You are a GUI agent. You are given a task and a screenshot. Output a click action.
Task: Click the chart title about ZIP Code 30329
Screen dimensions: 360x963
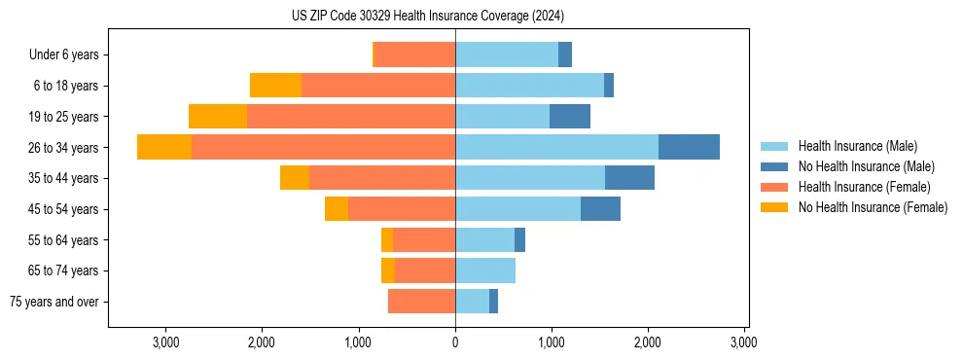coord(427,17)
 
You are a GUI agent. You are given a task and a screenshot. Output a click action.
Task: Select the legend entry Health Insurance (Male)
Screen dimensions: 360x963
coord(857,146)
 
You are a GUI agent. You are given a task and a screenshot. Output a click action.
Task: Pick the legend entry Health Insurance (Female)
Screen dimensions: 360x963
coord(864,187)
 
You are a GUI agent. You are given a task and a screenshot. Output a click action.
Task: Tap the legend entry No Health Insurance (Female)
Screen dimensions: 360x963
coord(873,207)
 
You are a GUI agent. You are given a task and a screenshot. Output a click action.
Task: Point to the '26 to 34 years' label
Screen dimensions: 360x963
coord(65,148)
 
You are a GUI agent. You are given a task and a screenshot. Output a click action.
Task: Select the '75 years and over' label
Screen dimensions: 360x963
coord(54,302)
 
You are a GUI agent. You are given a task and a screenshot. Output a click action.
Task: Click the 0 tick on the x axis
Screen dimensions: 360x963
coord(455,342)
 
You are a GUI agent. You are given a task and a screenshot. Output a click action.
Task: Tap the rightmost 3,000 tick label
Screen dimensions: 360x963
coord(744,342)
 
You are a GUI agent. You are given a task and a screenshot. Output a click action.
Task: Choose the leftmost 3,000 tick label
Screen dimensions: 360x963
coord(165,342)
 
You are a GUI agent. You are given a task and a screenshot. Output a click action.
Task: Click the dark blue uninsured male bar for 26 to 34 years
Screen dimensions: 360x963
coord(689,147)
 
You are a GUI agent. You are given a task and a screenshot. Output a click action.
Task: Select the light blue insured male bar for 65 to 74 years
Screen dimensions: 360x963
coord(485,270)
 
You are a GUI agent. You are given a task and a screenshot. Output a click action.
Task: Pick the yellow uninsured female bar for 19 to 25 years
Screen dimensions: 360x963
coord(218,117)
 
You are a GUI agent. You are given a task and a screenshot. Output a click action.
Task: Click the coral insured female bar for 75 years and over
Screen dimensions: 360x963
coord(421,302)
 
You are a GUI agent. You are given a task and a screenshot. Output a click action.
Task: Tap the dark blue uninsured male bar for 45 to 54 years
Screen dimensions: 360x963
coord(600,209)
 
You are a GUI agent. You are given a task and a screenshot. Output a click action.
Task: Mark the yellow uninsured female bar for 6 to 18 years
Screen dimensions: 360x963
coord(275,86)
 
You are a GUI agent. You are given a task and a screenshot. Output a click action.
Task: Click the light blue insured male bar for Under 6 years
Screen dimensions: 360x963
coord(507,55)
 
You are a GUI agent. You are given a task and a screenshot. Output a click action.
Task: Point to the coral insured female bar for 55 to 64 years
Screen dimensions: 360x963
coord(424,240)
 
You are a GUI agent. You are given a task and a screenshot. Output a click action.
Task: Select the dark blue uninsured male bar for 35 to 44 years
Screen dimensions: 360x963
coord(629,178)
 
